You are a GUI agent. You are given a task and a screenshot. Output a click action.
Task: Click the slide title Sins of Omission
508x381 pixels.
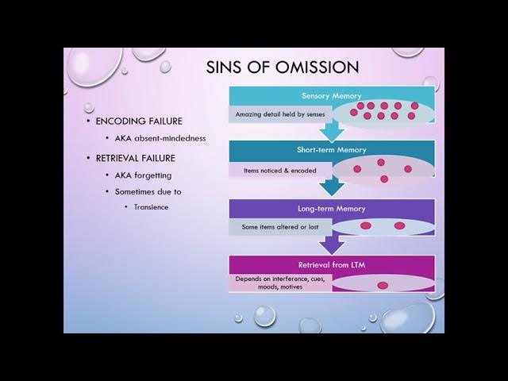282,67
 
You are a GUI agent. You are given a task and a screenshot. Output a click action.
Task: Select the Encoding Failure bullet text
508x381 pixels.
139,121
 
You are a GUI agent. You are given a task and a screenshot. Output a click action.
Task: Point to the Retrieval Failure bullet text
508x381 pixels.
135,158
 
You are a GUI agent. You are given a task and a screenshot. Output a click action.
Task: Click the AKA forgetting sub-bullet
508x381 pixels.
143,175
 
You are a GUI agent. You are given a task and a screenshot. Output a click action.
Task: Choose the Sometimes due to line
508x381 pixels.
148,191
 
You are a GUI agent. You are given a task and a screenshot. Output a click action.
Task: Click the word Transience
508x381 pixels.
151,207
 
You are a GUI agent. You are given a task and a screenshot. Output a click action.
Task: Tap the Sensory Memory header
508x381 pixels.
331,95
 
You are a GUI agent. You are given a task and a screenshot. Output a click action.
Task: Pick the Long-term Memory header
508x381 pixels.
331,208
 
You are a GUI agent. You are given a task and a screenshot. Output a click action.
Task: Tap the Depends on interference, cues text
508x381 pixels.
280,279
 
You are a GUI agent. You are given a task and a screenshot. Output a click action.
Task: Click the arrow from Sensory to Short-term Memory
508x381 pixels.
331,131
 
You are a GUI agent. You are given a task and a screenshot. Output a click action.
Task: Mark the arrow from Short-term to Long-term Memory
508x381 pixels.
331,187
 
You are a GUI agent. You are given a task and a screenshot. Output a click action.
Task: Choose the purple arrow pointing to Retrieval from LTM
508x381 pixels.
331,244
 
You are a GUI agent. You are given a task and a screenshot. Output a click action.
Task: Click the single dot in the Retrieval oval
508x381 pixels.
383,285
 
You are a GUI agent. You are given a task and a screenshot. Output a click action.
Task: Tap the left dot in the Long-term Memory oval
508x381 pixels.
366,226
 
